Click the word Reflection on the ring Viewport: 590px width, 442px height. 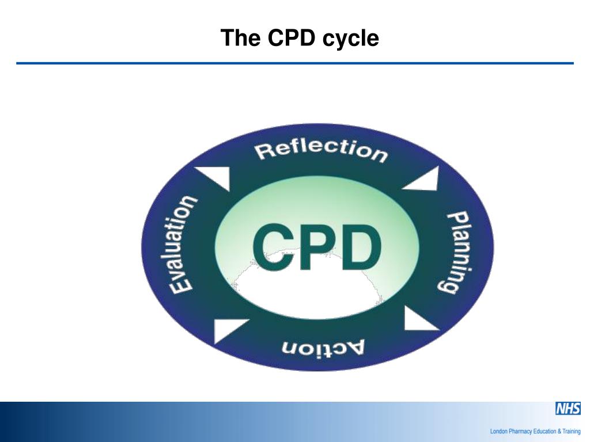click(322, 150)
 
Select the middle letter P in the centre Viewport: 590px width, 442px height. click(316, 249)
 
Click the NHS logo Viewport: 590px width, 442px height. click(567, 409)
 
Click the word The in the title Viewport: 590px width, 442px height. click(235, 38)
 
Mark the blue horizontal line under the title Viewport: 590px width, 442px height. click(295, 63)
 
